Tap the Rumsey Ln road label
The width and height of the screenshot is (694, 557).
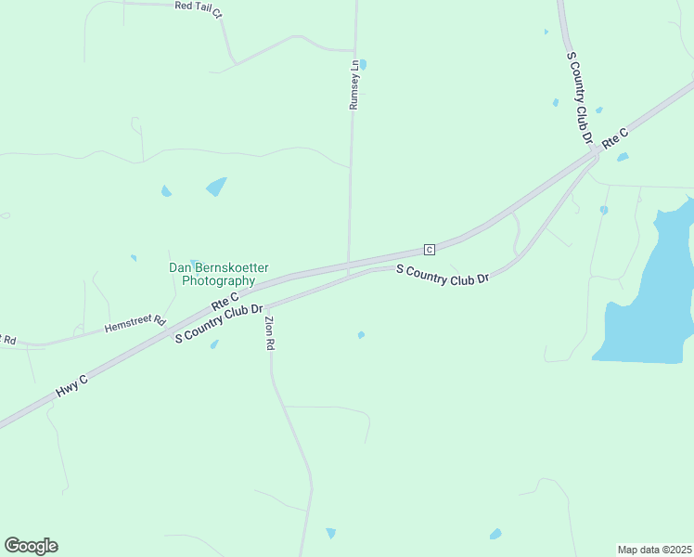click(353, 85)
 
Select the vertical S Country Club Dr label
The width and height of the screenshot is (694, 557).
click(580, 97)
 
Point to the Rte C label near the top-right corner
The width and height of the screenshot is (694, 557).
click(615, 138)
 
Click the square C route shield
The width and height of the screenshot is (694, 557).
click(429, 249)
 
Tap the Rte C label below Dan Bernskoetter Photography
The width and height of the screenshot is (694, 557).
click(225, 299)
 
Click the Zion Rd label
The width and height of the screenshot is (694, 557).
click(270, 333)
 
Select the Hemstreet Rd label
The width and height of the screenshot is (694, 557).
click(135, 325)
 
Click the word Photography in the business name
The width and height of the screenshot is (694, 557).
click(218, 280)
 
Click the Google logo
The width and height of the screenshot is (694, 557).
click(31, 546)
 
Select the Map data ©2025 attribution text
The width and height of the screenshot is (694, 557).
click(654, 550)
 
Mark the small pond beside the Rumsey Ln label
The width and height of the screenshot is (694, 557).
click(363, 65)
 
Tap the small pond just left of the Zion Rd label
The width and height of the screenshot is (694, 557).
click(214, 344)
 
